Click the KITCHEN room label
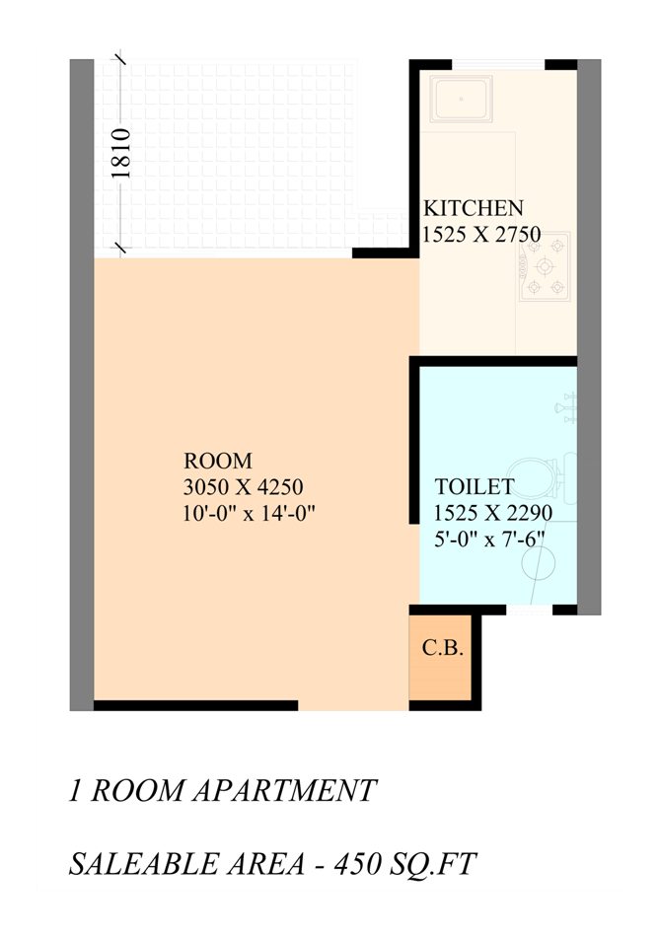(x=474, y=208)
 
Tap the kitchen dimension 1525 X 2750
(x=481, y=234)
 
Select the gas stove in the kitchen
(x=545, y=266)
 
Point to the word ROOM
(x=218, y=461)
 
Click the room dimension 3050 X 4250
(x=243, y=487)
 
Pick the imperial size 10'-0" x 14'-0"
(x=249, y=513)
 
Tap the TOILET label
(x=475, y=486)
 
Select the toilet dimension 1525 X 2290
(x=493, y=513)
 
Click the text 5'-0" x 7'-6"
(x=489, y=539)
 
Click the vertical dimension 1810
(x=120, y=153)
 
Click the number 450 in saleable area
(x=356, y=864)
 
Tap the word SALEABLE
(x=144, y=864)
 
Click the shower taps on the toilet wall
(x=566, y=408)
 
